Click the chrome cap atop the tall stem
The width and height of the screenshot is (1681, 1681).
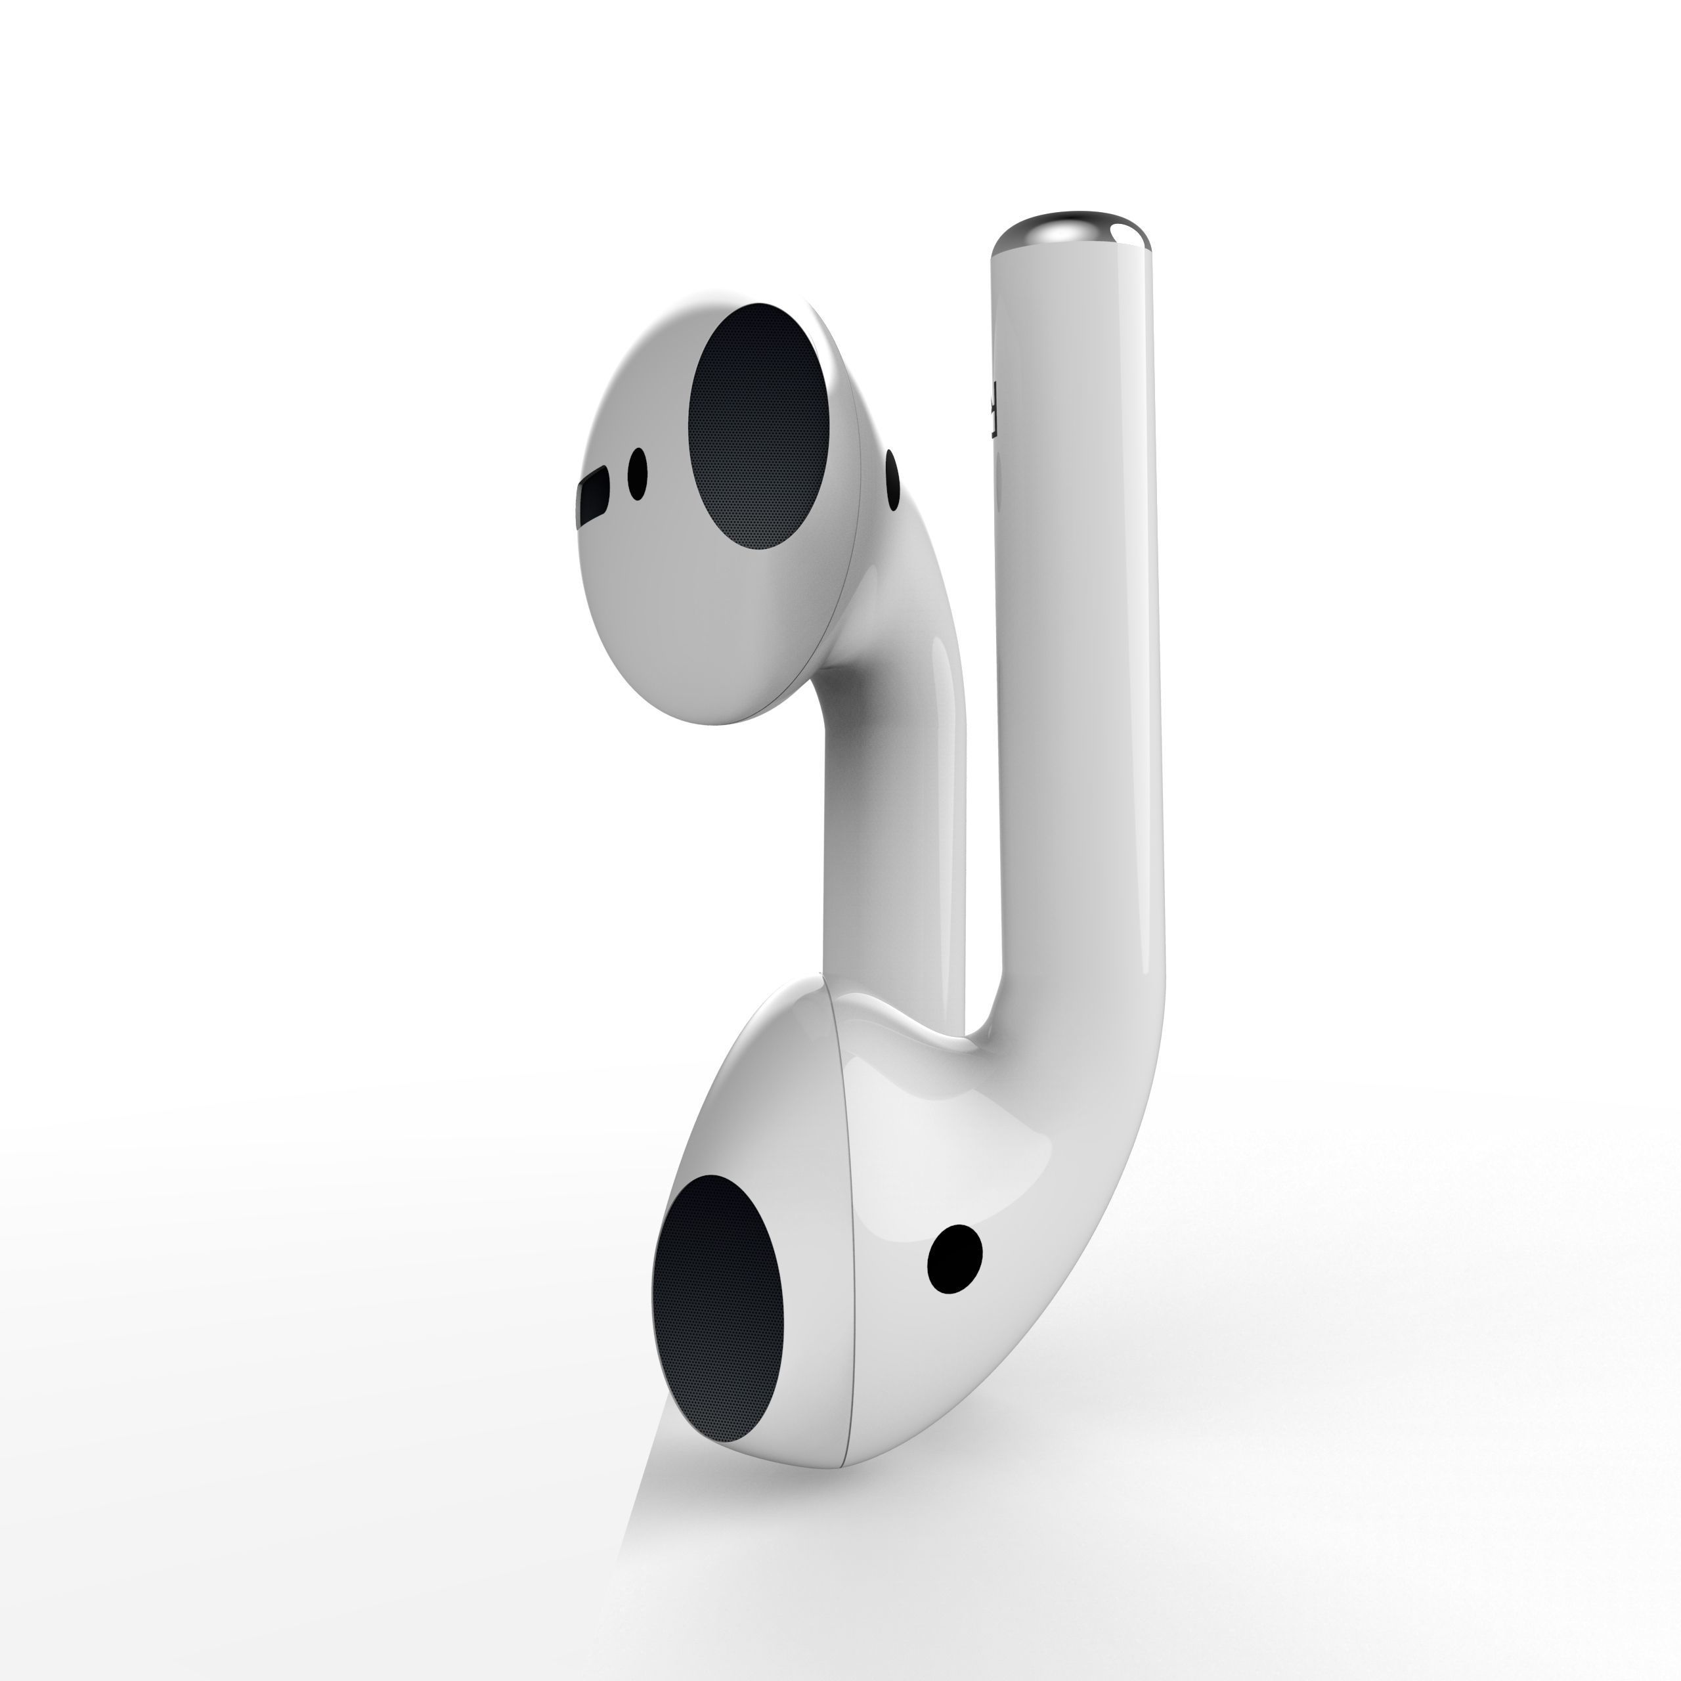1072,230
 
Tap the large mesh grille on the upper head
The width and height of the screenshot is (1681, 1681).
758,426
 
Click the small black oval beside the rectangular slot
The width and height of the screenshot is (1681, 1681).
638,474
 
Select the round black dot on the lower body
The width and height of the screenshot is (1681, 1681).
955,1259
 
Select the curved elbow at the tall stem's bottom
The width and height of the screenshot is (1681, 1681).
1087,1087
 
